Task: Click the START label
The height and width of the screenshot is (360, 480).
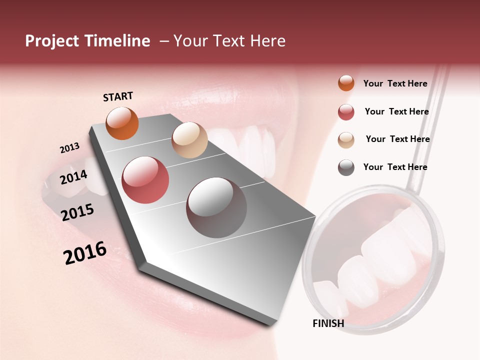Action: click(x=118, y=96)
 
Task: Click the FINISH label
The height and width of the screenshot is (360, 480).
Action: click(x=328, y=323)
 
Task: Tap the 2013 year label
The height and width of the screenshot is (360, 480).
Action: click(x=69, y=148)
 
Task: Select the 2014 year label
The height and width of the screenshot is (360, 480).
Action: click(x=73, y=177)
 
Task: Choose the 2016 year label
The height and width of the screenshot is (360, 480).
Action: click(x=85, y=253)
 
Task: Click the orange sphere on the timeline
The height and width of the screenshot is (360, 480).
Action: click(x=122, y=123)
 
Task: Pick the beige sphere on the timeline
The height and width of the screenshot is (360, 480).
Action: click(x=189, y=140)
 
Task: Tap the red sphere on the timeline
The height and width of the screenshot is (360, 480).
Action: click(x=145, y=180)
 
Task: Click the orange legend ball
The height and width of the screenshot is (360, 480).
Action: click(x=346, y=83)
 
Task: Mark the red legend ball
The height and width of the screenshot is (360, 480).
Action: click(x=346, y=112)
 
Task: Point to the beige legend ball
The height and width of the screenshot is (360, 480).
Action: click(x=346, y=139)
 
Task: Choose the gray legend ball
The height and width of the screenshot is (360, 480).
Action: click(x=346, y=167)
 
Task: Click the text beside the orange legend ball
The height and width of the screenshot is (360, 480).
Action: click(x=395, y=83)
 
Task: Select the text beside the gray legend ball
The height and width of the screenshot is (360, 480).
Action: click(x=395, y=167)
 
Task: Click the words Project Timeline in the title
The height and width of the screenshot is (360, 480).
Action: click(x=87, y=41)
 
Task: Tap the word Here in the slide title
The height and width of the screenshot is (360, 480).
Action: click(x=267, y=41)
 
